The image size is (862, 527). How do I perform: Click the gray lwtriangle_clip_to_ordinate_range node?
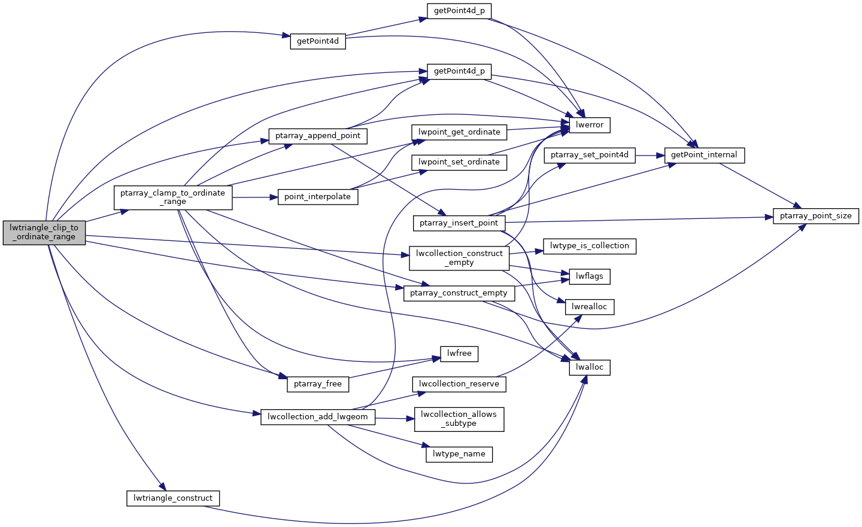pyautogui.click(x=44, y=232)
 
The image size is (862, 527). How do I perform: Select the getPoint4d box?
pyautogui.click(x=318, y=41)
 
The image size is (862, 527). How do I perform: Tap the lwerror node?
pyautogui.click(x=590, y=124)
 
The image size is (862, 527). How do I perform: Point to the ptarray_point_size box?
pyautogui.click(x=815, y=216)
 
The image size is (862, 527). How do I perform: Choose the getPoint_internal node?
pyautogui.click(x=704, y=155)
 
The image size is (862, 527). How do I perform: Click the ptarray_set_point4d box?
pyautogui.click(x=590, y=155)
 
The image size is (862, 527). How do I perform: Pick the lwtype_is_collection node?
pyautogui.click(x=590, y=246)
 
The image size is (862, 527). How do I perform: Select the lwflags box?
pyautogui.click(x=590, y=276)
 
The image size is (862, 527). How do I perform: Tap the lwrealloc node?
pyautogui.click(x=590, y=307)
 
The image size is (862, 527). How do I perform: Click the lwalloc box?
pyautogui.click(x=590, y=367)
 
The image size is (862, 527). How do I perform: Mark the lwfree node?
pyautogui.click(x=459, y=354)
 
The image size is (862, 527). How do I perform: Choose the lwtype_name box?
pyautogui.click(x=459, y=454)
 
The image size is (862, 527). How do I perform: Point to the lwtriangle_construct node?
pyautogui.click(x=173, y=498)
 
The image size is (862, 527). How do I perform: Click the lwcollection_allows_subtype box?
pyautogui.click(x=459, y=419)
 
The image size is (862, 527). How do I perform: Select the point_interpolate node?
pyautogui.click(x=318, y=197)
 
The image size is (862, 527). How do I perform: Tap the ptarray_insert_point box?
pyautogui.click(x=459, y=223)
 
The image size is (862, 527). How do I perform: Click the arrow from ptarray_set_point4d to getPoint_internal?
pyautogui.click(x=650, y=155)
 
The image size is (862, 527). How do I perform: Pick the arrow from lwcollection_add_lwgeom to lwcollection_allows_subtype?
pyautogui.click(x=395, y=418)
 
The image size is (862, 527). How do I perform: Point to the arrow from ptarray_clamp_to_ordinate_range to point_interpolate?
pyautogui.click(x=255, y=197)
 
